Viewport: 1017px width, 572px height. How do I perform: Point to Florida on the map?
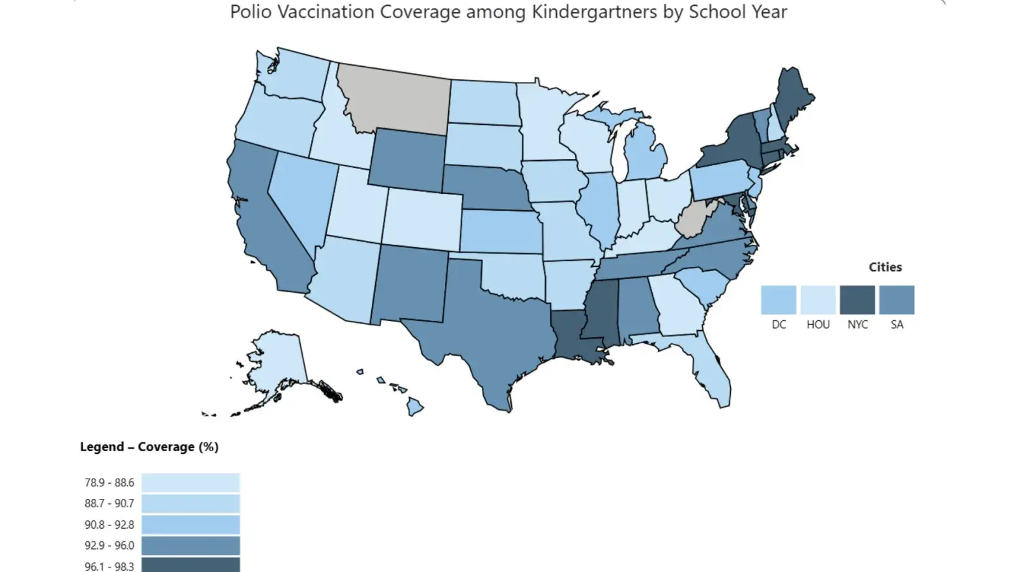click(x=715, y=375)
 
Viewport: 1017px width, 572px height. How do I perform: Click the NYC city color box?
click(x=857, y=300)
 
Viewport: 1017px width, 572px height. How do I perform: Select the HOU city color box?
click(x=818, y=300)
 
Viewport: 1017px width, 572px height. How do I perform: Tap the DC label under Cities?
click(x=779, y=325)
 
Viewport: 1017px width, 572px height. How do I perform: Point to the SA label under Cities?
click(x=897, y=325)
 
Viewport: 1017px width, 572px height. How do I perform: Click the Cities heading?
click(x=885, y=267)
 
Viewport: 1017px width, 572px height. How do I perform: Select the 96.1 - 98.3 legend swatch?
click(x=191, y=565)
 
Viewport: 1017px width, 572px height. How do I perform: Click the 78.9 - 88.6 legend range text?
click(x=109, y=483)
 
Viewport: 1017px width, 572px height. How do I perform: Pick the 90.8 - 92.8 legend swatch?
click(x=191, y=525)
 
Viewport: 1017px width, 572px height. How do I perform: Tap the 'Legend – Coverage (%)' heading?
click(x=149, y=447)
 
